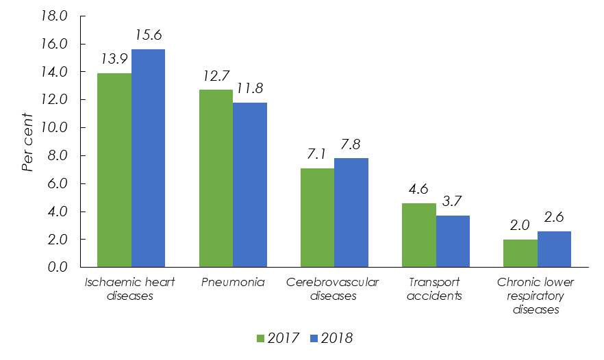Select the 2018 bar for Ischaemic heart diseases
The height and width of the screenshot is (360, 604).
coord(149,158)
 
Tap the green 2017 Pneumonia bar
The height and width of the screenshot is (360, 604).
coord(216,178)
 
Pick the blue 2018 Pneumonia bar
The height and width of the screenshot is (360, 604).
coord(250,185)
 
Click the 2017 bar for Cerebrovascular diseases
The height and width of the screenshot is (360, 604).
coord(317,218)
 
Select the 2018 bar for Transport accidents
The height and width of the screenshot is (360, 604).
coord(453,241)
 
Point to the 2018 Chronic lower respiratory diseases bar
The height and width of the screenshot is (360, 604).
coord(554,249)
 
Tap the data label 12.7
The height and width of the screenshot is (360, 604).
coord(215,75)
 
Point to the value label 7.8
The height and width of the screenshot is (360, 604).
coord(352,144)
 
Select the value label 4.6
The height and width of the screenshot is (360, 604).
coord(418,189)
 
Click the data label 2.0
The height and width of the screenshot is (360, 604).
coord(520,226)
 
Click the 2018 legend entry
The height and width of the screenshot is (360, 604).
coord(333,338)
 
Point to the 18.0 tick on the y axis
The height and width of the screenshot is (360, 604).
coord(55,16)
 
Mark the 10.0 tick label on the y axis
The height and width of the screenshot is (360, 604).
coord(55,128)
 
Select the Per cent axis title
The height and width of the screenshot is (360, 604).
coord(27,142)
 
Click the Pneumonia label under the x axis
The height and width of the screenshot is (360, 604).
coord(233,283)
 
